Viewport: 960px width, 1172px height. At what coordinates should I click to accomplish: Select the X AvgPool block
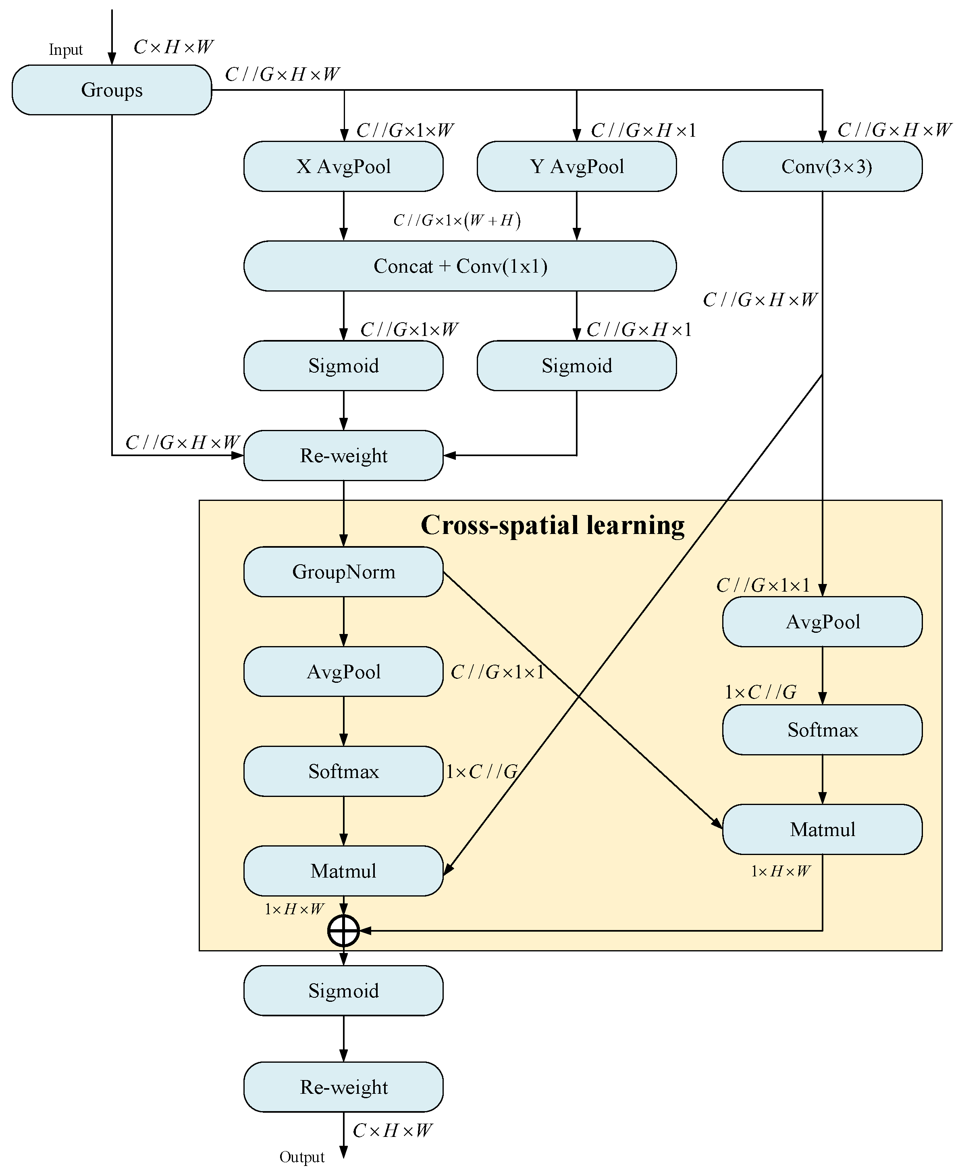343,167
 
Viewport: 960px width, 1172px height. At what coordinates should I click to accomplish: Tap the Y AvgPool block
577,167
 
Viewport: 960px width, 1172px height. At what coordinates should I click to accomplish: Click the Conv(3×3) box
822,167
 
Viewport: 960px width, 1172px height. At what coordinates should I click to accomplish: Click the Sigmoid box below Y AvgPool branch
577,366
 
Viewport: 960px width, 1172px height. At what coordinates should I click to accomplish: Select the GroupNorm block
343,571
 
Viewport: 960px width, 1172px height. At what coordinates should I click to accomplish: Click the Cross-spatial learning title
553,525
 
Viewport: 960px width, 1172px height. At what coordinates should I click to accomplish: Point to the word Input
65,50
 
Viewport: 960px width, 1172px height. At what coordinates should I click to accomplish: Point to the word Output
302,1157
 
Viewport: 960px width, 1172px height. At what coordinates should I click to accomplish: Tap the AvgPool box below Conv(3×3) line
822,622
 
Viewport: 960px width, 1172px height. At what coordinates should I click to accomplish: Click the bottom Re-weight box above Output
343,1087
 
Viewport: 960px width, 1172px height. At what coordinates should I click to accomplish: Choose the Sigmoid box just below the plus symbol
343,991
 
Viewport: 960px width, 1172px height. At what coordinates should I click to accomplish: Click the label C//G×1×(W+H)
457,221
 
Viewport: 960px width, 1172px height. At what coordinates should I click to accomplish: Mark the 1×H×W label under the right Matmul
780,872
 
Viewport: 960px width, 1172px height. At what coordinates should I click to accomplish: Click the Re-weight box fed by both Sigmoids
343,455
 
